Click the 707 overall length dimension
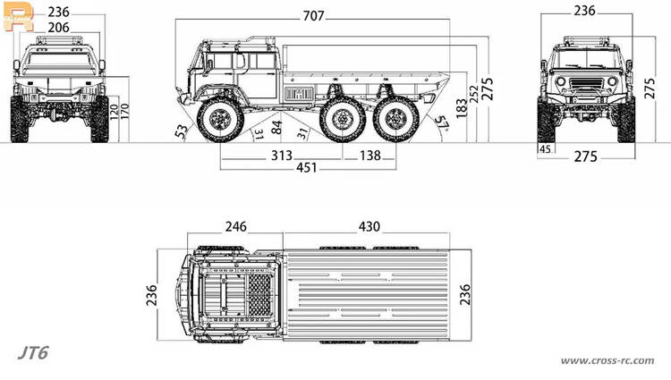click(x=314, y=16)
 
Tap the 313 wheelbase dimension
click(x=282, y=156)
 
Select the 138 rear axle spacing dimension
click(x=370, y=156)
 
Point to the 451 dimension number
click(x=307, y=167)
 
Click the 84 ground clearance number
click(x=276, y=127)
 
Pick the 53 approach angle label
click(x=182, y=131)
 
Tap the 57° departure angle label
click(x=442, y=122)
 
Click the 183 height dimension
click(x=462, y=108)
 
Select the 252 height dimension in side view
click(x=473, y=94)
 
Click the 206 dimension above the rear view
click(x=58, y=28)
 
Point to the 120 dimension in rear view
click(x=114, y=112)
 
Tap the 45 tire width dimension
click(x=545, y=149)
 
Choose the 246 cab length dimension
click(x=236, y=226)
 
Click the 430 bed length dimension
click(x=369, y=226)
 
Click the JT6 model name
click(x=33, y=353)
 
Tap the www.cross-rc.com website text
click(x=607, y=360)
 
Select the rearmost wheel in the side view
click(x=395, y=119)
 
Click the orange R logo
click(x=18, y=18)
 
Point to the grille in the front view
click(x=586, y=82)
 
